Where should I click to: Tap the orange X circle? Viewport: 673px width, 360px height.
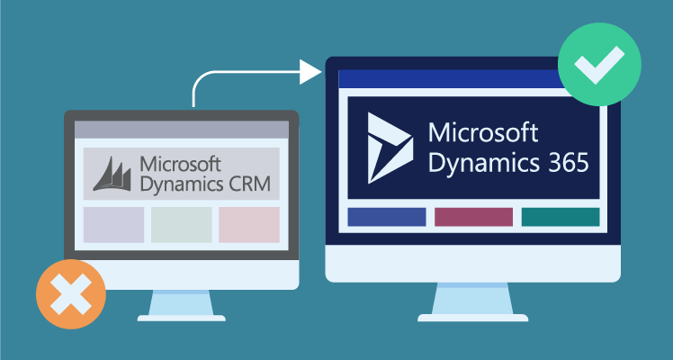pyautogui.click(x=71, y=293)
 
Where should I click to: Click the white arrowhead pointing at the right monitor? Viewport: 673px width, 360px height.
pyautogui.click(x=311, y=71)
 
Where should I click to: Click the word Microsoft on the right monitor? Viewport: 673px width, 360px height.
pyautogui.click(x=482, y=133)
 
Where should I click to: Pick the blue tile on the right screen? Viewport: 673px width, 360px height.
pyautogui.click(x=386, y=217)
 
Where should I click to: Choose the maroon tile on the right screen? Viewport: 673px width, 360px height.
pyautogui.click(x=473, y=217)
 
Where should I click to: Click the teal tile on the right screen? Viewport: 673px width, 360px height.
pyautogui.click(x=561, y=217)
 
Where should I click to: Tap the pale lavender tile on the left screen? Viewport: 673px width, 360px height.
pyautogui.click(x=113, y=225)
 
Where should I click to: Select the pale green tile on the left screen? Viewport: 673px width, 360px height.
pyautogui.click(x=182, y=225)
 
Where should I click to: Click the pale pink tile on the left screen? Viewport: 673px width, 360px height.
pyautogui.click(x=249, y=225)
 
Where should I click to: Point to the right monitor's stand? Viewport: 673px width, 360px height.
pyautogui.click(x=473, y=301)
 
